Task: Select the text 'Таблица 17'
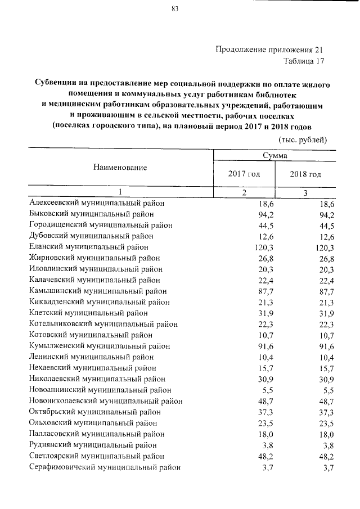304,61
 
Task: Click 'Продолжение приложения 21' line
270,49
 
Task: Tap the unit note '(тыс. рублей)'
303,139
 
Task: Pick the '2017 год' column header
244,174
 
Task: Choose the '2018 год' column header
305,174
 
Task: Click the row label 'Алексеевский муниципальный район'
97,203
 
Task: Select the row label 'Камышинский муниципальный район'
97,291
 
